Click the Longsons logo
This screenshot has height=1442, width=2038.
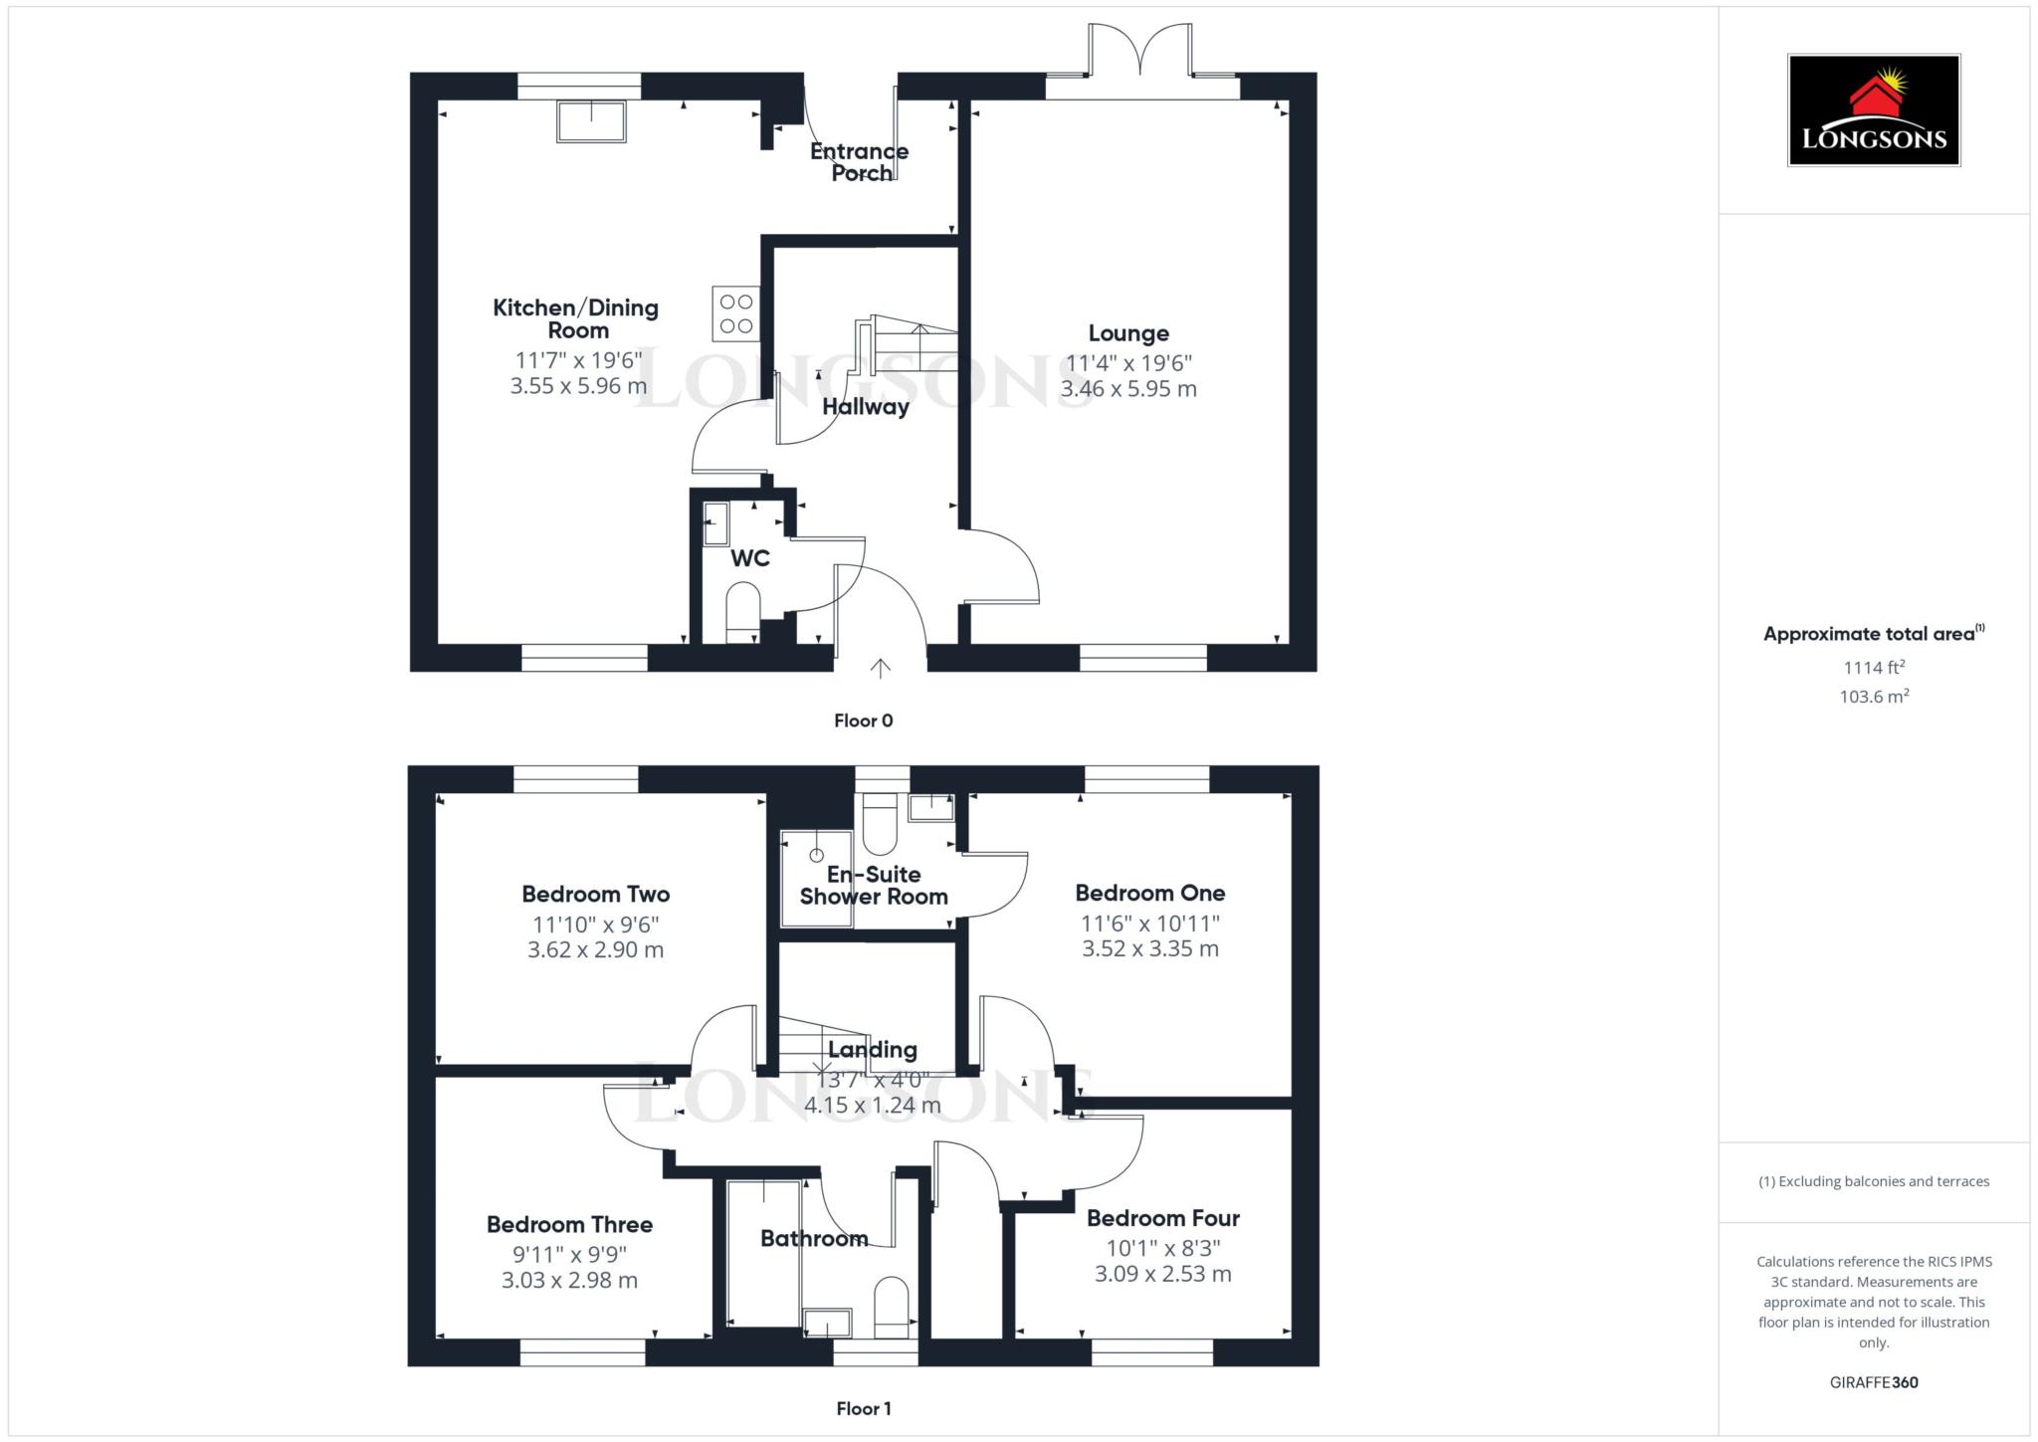1874,109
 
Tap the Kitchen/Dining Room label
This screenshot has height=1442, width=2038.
576,318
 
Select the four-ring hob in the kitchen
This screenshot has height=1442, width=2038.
736,313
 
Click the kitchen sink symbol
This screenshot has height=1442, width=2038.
592,120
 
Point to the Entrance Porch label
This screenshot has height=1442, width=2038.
860,162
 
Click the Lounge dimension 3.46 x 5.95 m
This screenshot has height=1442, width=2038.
1128,389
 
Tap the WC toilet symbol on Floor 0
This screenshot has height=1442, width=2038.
743,612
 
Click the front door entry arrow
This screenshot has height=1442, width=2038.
880,668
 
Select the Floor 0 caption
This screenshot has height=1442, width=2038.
864,721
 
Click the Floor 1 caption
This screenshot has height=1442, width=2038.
864,1408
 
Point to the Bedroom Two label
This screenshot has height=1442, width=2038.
596,894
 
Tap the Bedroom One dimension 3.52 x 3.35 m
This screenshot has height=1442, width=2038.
1150,949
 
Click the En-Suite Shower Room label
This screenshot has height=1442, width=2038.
874,886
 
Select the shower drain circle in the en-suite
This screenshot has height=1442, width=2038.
817,855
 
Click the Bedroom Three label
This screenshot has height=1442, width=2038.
570,1224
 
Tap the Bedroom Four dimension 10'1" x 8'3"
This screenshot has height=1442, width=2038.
1163,1248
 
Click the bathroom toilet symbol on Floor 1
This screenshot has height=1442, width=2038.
892,1307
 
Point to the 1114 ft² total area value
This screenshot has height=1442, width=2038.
1874,668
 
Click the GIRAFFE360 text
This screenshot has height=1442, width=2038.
1874,1382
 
